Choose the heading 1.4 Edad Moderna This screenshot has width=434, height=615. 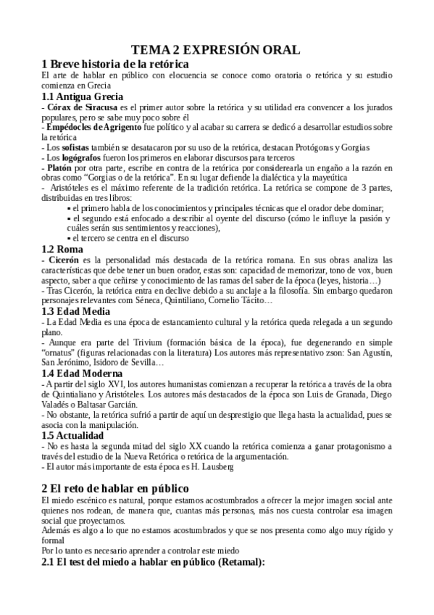pos(85,372)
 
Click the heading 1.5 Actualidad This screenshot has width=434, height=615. pos(78,435)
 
